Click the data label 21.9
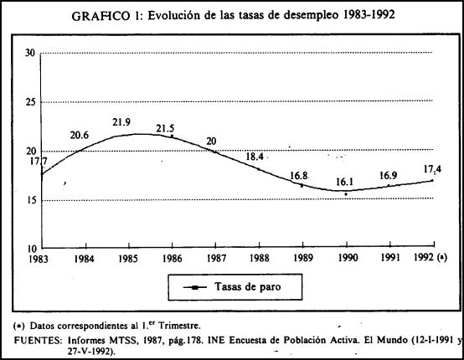(x=121, y=122)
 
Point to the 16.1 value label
(x=344, y=182)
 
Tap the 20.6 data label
(x=80, y=135)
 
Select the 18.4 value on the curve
(x=255, y=157)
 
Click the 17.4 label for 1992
(x=432, y=169)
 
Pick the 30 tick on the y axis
(x=30, y=54)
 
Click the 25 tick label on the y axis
(x=30, y=102)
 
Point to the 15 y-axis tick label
(x=30, y=200)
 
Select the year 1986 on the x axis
(x=172, y=259)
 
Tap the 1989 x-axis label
(x=302, y=258)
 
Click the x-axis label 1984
(x=84, y=260)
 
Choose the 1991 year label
(x=390, y=258)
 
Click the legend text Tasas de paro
(x=247, y=286)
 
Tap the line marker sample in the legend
(x=194, y=287)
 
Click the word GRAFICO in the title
(x=101, y=16)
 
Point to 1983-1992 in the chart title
(x=369, y=14)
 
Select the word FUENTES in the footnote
(x=38, y=341)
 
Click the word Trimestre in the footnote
(x=179, y=326)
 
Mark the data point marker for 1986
(x=172, y=136)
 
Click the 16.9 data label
(x=389, y=176)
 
